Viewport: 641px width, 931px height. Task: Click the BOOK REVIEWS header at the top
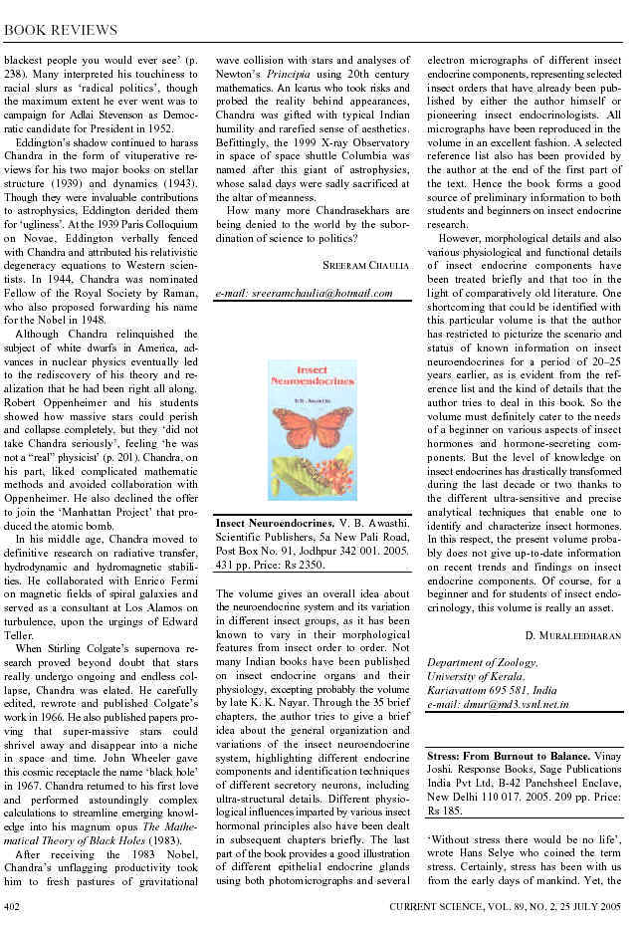coord(62,31)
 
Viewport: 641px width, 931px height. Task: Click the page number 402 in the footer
coord(14,905)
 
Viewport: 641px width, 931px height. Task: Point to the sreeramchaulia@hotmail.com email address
coord(305,294)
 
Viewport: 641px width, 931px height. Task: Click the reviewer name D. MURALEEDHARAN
coord(573,633)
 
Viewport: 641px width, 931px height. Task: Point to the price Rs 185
coord(440,812)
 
